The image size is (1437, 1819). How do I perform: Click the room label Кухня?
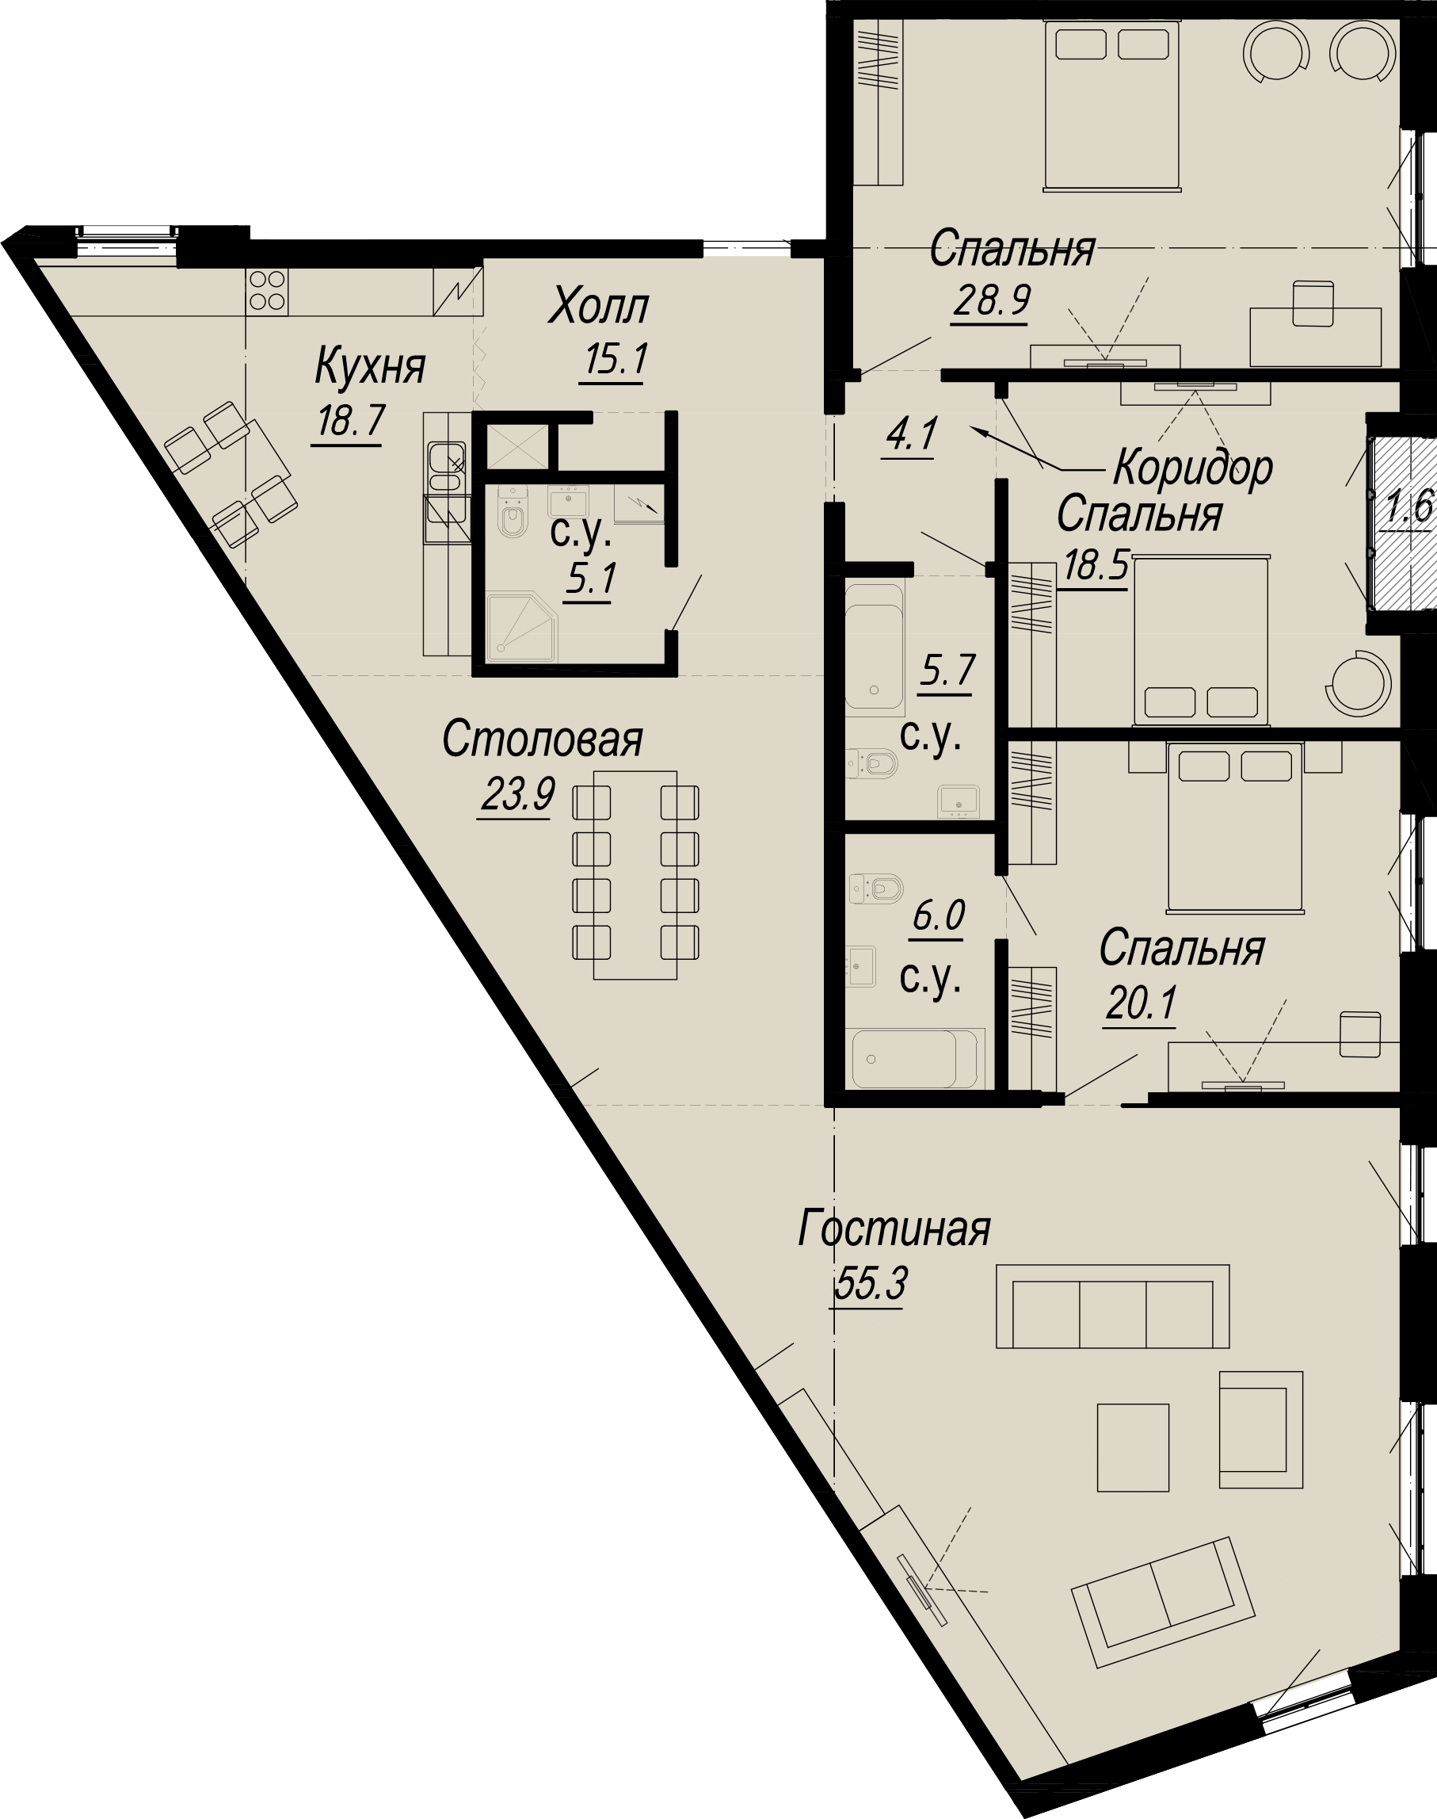[x=370, y=367]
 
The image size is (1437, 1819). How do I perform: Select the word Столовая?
[x=543, y=740]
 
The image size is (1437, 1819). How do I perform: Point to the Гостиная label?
[x=894, y=1231]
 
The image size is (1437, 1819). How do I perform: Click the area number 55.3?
[x=871, y=1285]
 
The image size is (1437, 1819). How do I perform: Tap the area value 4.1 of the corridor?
[x=910, y=436]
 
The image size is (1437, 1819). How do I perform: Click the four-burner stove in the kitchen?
[x=268, y=290]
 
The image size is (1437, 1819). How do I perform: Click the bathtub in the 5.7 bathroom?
[x=875, y=647]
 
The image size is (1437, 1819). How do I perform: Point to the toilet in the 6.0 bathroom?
[x=876, y=888]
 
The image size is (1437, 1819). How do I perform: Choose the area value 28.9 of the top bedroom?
[x=992, y=300]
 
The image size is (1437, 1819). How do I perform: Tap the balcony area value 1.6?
[x=1409, y=507]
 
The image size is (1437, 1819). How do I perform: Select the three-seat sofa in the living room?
[x=1112, y=1305]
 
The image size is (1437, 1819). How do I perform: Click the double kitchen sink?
[x=445, y=469]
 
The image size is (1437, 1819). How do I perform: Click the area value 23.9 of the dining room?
[x=517, y=793]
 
